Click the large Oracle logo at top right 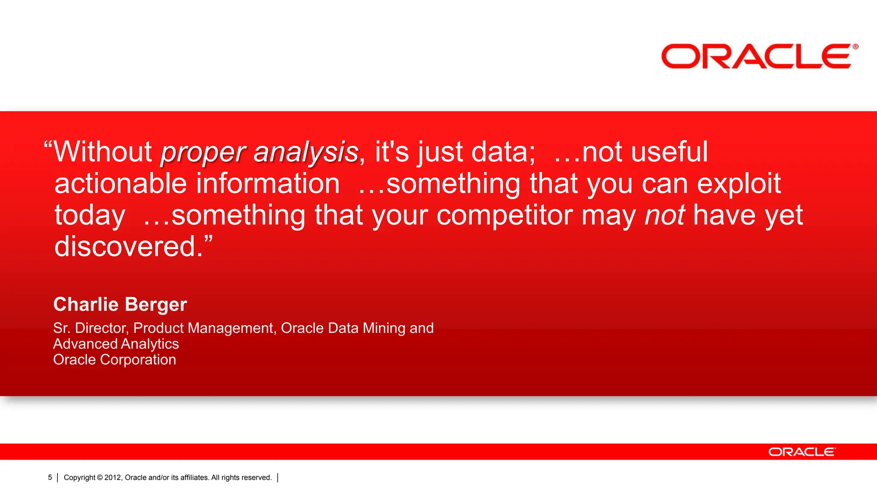point(759,56)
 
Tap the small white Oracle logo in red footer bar point(802,452)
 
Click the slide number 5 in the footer point(50,477)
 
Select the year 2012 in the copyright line point(113,478)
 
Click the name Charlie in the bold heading point(86,304)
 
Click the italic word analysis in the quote point(306,152)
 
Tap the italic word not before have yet point(665,215)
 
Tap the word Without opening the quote point(103,152)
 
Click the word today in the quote point(90,216)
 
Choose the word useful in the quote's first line point(669,152)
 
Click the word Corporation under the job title point(138,360)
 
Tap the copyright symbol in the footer point(100,478)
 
